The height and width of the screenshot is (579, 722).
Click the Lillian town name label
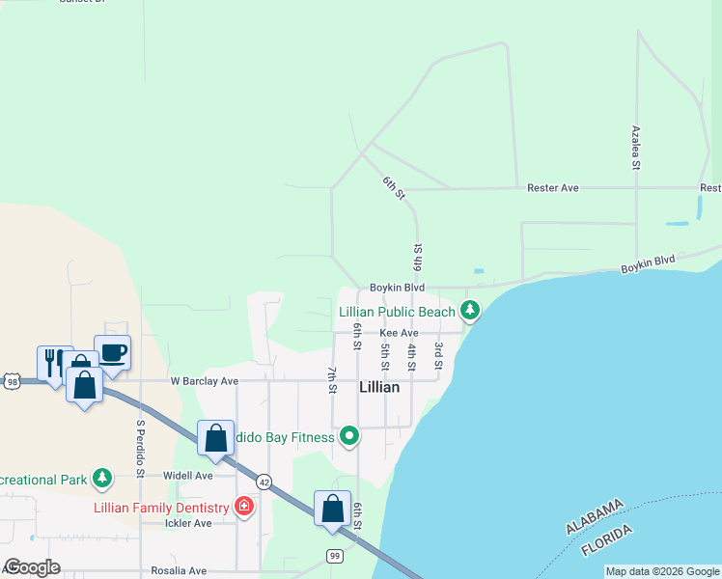378,387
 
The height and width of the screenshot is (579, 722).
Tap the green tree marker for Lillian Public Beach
470,311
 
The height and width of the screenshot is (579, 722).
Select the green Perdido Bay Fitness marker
349,437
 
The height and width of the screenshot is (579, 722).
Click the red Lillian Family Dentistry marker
244,507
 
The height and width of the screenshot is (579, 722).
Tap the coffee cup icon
112,352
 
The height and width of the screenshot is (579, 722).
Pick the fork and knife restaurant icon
53,362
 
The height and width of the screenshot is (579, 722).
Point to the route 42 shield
264,481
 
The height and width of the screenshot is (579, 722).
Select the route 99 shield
335,556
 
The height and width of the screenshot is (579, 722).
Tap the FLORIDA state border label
607,539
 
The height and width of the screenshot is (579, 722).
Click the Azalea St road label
636,148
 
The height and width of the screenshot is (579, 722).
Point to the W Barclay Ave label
204,381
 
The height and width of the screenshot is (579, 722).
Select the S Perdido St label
140,449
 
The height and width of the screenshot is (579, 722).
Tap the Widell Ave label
187,476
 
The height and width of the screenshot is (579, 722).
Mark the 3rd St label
438,356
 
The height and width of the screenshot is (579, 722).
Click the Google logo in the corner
32,567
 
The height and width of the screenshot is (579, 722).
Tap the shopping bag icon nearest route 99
332,509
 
